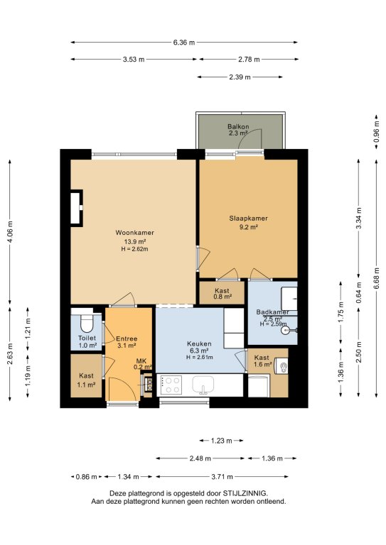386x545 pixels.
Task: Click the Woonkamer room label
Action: point(134,233)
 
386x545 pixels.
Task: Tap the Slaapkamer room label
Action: point(249,219)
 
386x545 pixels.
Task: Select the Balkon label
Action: point(238,126)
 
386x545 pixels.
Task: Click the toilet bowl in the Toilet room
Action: point(86,324)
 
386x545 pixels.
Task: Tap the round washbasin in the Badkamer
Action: point(285,329)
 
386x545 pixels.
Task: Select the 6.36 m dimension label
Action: point(184,43)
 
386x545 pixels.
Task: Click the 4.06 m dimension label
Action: point(10,231)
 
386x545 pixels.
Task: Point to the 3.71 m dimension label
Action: point(222,477)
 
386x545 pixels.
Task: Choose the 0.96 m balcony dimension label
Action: point(376,131)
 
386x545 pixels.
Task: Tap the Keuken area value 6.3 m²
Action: point(199,351)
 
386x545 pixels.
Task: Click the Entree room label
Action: point(127,338)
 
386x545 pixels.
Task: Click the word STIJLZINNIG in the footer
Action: point(245,493)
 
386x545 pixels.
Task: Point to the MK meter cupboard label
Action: point(141,361)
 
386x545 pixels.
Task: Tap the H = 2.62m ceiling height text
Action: point(134,249)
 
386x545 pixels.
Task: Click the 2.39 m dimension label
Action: point(240,77)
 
